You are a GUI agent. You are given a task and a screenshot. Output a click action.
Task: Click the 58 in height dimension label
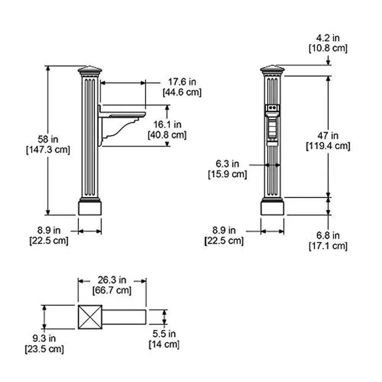48,139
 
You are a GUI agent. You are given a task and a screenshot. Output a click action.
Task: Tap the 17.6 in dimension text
182,82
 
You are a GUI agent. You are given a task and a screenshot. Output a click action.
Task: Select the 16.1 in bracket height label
167,125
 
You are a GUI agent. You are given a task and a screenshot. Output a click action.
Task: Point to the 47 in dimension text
328,136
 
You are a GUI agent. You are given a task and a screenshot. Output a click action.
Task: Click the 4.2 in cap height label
328,38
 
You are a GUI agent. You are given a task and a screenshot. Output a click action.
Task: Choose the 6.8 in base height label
328,235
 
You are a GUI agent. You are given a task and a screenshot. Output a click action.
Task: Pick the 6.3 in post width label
227,164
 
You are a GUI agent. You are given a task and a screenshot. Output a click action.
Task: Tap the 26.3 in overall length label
112,280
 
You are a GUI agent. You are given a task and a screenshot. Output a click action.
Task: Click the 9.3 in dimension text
44,338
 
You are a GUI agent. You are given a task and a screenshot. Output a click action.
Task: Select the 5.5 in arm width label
164,333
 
